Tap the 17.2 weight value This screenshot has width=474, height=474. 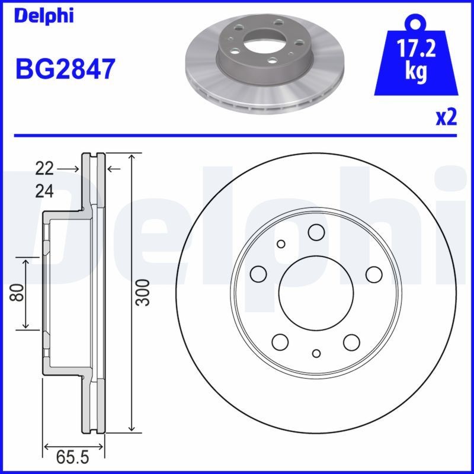pyautogui.click(x=417, y=49)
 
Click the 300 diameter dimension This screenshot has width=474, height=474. pyautogui.click(x=142, y=292)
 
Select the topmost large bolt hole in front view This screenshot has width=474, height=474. pyautogui.click(x=316, y=233)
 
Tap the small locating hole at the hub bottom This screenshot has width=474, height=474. pyautogui.click(x=316, y=353)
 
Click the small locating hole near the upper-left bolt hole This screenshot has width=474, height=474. pyautogui.click(x=281, y=244)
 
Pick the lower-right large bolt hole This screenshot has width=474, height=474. pyautogui.click(x=352, y=342)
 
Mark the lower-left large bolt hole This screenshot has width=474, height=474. pyautogui.click(x=280, y=342)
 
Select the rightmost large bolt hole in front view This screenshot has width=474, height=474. pyautogui.click(x=373, y=274)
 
